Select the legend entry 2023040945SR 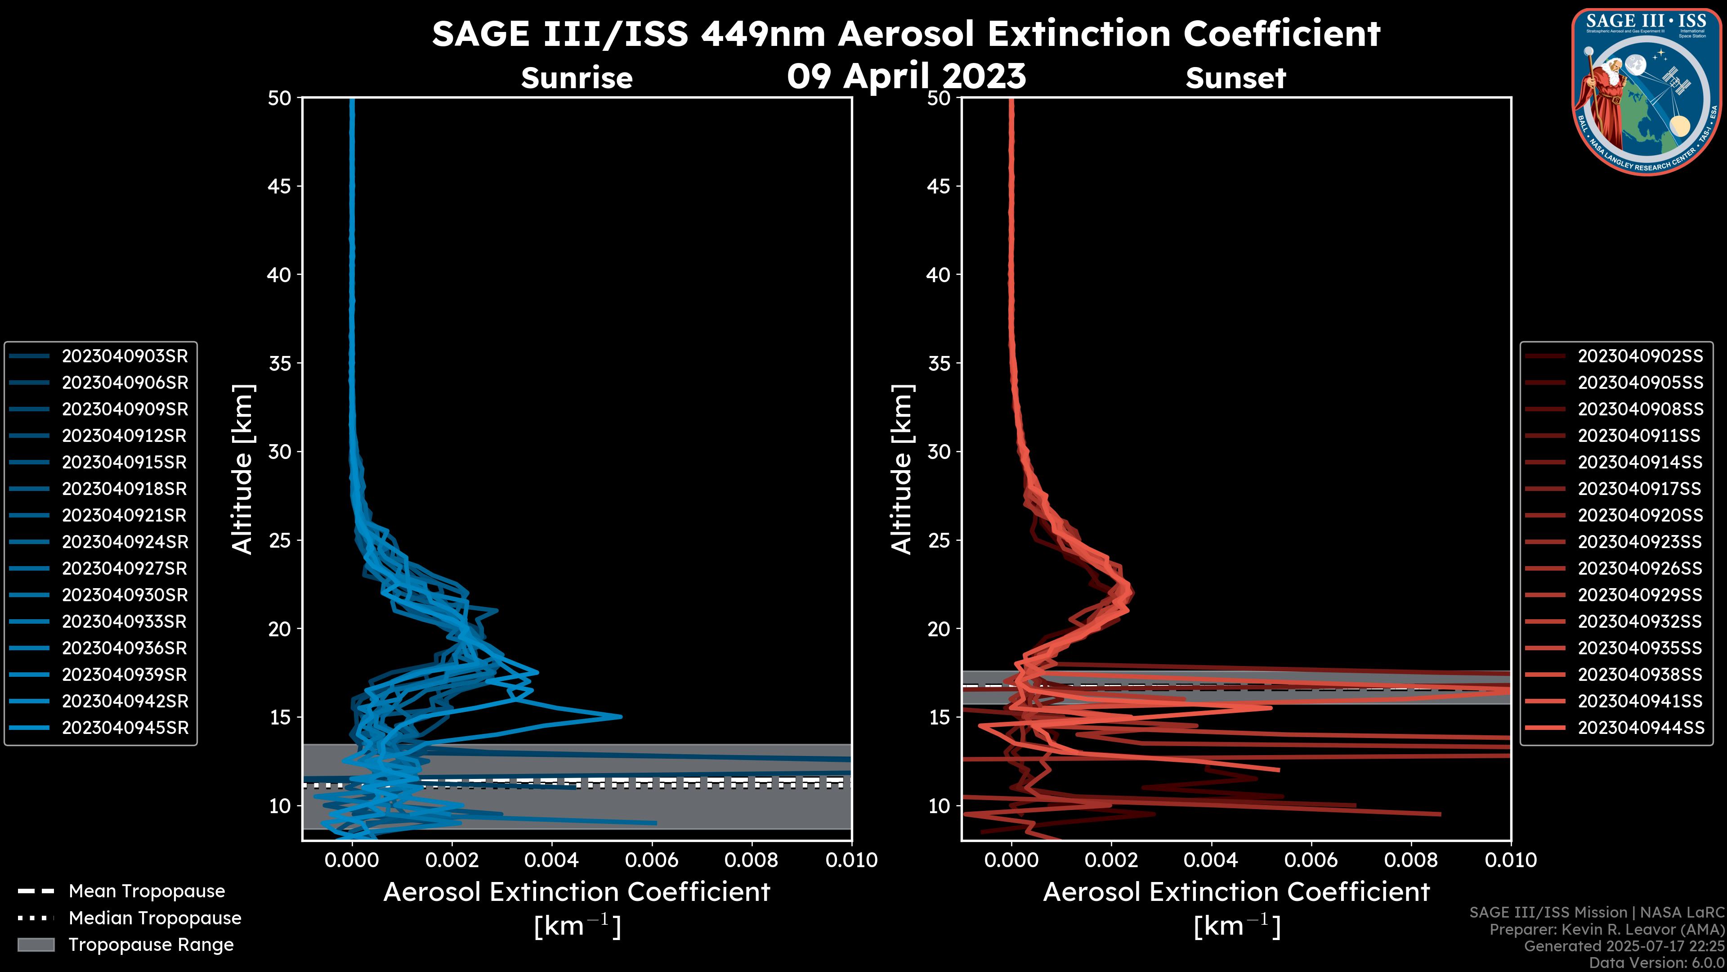click(x=125, y=728)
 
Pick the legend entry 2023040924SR click(x=125, y=542)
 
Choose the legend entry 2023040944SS click(x=1640, y=728)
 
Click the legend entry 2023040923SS click(x=1640, y=542)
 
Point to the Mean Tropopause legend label click(x=147, y=891)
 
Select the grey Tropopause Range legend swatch click(x=36, y=945)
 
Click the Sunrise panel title click(x=577, y=78)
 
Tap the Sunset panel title click(x=1235, y=78)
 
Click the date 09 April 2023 click(x=906, y=76)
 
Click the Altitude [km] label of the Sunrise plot click(x=243, y=469)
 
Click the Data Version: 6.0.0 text click(x=1657, y=963)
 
